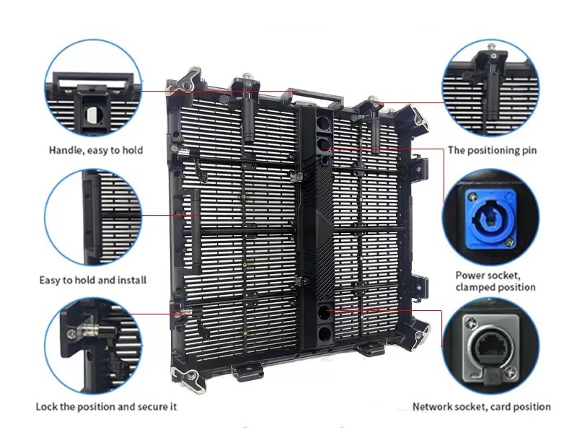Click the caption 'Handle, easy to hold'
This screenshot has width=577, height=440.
pyautogui.click(x=96, y=150)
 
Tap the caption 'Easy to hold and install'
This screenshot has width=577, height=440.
pyautogui.click(x=93, y=281)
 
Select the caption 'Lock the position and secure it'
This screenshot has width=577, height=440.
pyautogui.click(x=106, y=407)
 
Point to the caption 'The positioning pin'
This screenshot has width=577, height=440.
pyautogui.click(x=492, y=151)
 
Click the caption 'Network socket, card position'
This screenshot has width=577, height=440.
pyautogui.click(x=481, y=407)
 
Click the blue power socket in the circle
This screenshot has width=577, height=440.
pyautogui.click(x=491, y=219)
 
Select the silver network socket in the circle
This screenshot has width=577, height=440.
pyautogui.click(x=491, y=350)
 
